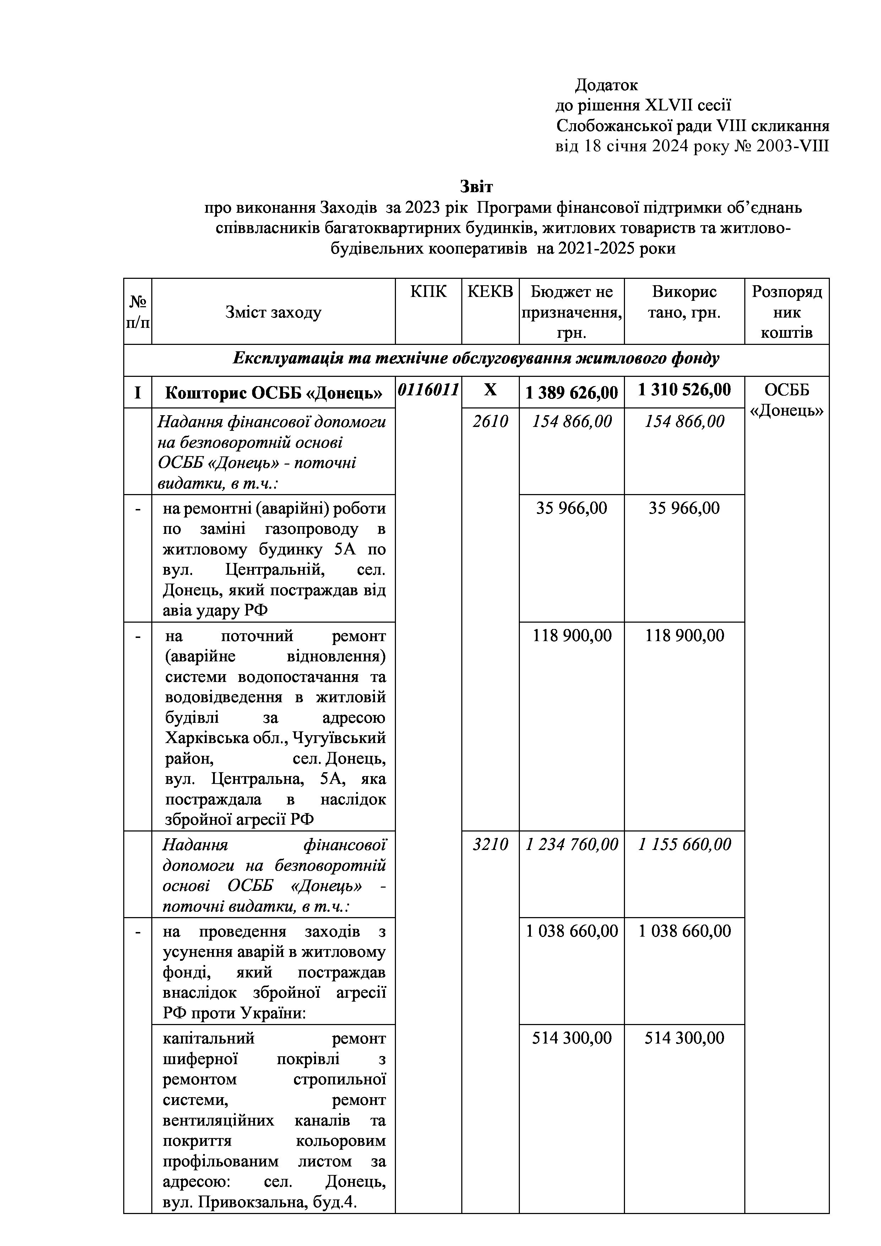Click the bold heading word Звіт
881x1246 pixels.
[476, 187]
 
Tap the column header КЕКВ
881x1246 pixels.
[490, 292]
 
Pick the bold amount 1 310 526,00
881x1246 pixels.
[684, 390]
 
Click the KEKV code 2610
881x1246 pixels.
[490, 422]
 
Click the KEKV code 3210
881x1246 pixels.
[490, 844]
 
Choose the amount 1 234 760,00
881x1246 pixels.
[571, 844]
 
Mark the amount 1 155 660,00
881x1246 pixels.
[684, 844]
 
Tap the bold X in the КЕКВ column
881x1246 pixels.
[490, 390]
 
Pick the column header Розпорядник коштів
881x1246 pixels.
[786, 313]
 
